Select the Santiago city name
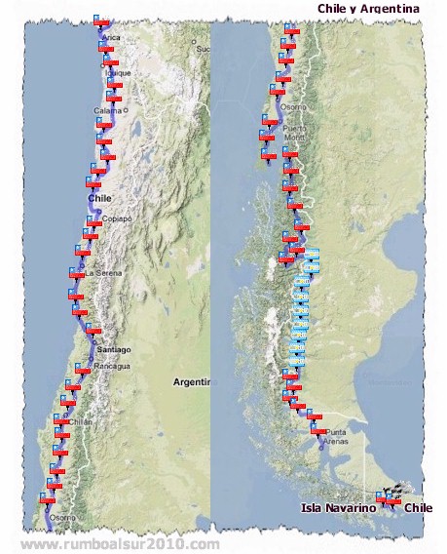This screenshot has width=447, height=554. click(x=113, y=349)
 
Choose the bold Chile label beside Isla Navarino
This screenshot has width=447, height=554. click(x=418, y=508)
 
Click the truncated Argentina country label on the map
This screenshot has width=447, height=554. click(x=191, y=382)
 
